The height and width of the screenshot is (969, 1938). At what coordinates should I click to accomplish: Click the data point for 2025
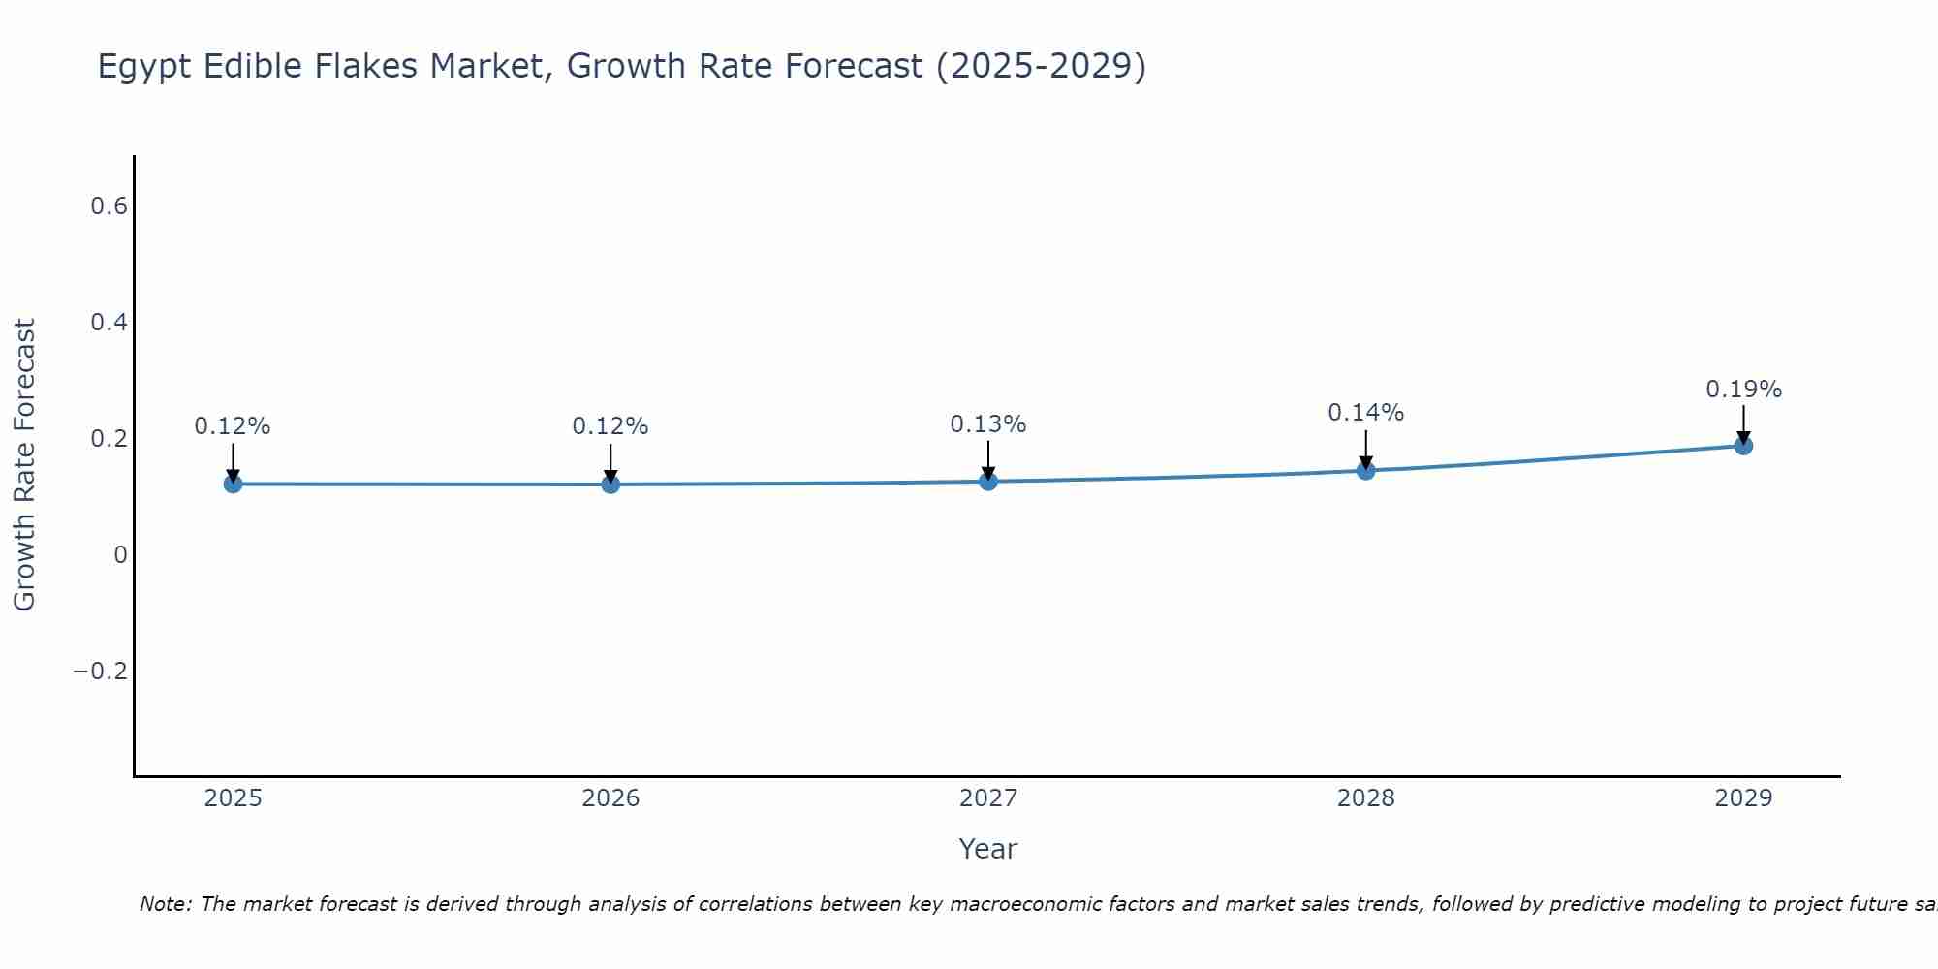(x=233, y=484)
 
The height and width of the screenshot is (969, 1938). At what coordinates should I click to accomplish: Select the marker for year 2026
(x=610, y=484)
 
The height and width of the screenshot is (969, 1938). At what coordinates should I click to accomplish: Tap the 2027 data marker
(x=988, y=481)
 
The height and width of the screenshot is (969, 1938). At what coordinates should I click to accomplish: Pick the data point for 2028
(x=1365, y=471)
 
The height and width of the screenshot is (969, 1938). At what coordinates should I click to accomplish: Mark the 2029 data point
(x=1743, y=446)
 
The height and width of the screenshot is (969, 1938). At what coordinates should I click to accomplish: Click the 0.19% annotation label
(x=1743, y=390)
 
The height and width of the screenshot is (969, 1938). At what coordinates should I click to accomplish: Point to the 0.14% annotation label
(x=1365, y=413)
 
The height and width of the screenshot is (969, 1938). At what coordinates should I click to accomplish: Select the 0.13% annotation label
(x=987, y=424)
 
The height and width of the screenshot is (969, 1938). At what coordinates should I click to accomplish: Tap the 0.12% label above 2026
(x=610, y=426)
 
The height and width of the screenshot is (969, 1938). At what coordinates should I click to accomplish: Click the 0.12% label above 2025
(x=233, y=426)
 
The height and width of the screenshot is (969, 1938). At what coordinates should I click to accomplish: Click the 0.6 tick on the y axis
(x=109, y=206)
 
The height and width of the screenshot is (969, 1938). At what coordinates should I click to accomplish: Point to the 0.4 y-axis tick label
(x=109, y=323)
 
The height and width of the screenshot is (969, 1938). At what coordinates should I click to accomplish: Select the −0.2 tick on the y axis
(x=101, y=672)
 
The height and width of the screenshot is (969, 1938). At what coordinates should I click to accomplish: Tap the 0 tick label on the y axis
(x=120, y=555)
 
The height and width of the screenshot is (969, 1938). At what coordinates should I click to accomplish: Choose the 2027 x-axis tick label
(x=987, y=798)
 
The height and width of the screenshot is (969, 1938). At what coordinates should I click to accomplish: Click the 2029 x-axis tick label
(x=1743, y=798)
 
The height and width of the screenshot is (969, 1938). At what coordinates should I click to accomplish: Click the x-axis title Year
(x=987, y=850)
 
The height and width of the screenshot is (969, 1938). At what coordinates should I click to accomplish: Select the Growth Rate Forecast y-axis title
(x=24, y=465)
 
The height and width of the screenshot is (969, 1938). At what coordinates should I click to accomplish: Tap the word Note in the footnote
(x=165, y=904)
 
